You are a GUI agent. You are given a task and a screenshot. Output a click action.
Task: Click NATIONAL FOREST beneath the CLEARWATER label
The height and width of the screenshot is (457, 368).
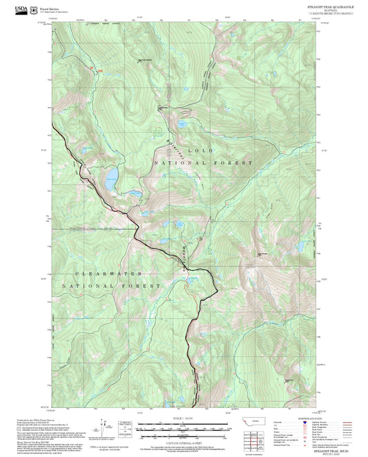(x=110, y=285)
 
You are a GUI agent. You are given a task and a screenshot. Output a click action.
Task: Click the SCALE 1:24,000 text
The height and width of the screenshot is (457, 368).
(x=183, y=418)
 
